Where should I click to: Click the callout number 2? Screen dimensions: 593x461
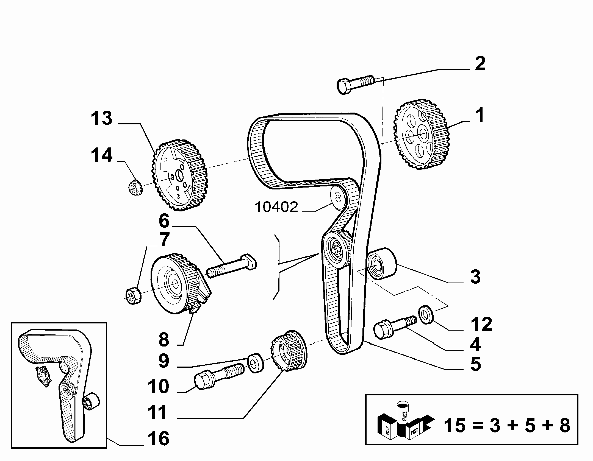pyautogui.click(x=480, y=64)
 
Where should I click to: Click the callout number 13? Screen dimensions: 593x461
pyautogui.click(x=102, y=118)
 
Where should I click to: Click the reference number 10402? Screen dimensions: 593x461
pyautogui.click(x=277, y=207)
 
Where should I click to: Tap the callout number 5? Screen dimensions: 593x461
pyautogui.click(x=476, y=364)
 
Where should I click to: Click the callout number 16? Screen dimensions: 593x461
pyautogui.click(x=158, y=438)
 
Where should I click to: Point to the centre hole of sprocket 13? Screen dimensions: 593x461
pyautogui.click(x=180, y=175)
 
